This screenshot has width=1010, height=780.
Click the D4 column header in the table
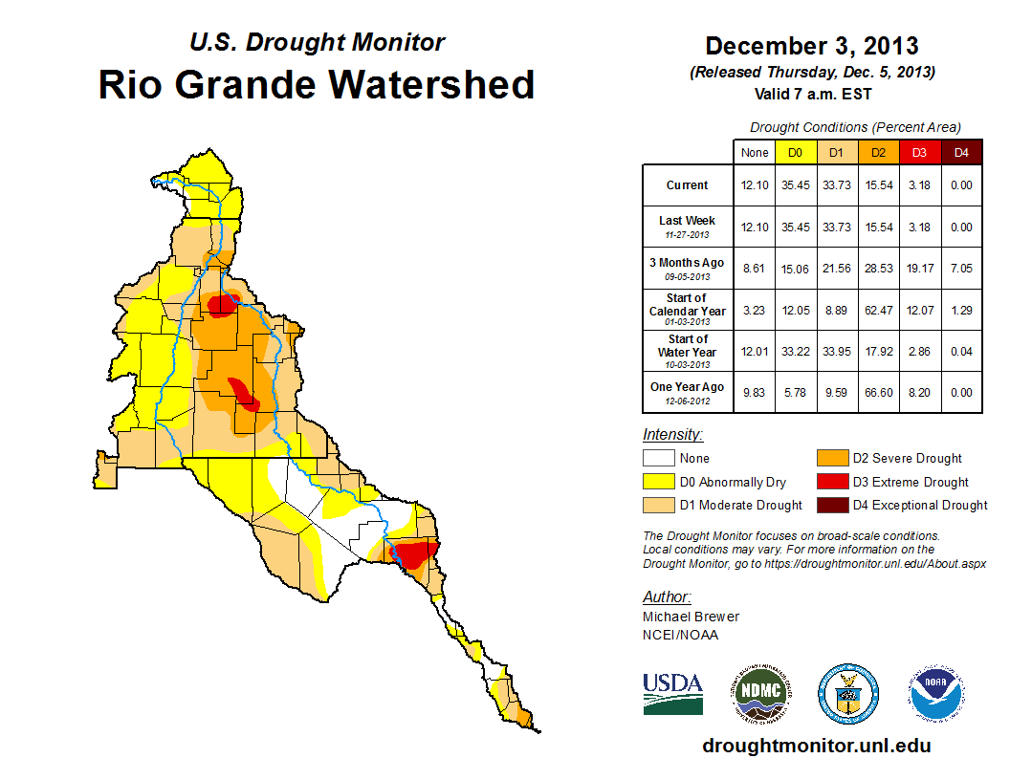(x=961, y=152)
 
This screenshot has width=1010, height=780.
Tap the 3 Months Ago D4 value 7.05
(x=961, y=270)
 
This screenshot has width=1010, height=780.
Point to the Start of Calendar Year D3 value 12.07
(x=920, y=311)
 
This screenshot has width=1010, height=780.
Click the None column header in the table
(x=755, y=152)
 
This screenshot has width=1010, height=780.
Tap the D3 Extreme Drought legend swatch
(x=830, y=482)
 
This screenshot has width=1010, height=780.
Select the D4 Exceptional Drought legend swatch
(x=830, y=505)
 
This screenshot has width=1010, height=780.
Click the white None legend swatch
(x=658, y=459)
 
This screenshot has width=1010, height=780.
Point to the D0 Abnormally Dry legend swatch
(x=658, y=482)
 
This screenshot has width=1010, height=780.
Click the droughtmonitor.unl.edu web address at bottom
(x=816, y=746)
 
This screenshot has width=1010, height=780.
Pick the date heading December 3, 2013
(x=812, y=46)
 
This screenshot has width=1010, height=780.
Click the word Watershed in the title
(x=433, y=84)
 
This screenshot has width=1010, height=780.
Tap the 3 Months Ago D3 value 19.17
(x=920, y=270)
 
